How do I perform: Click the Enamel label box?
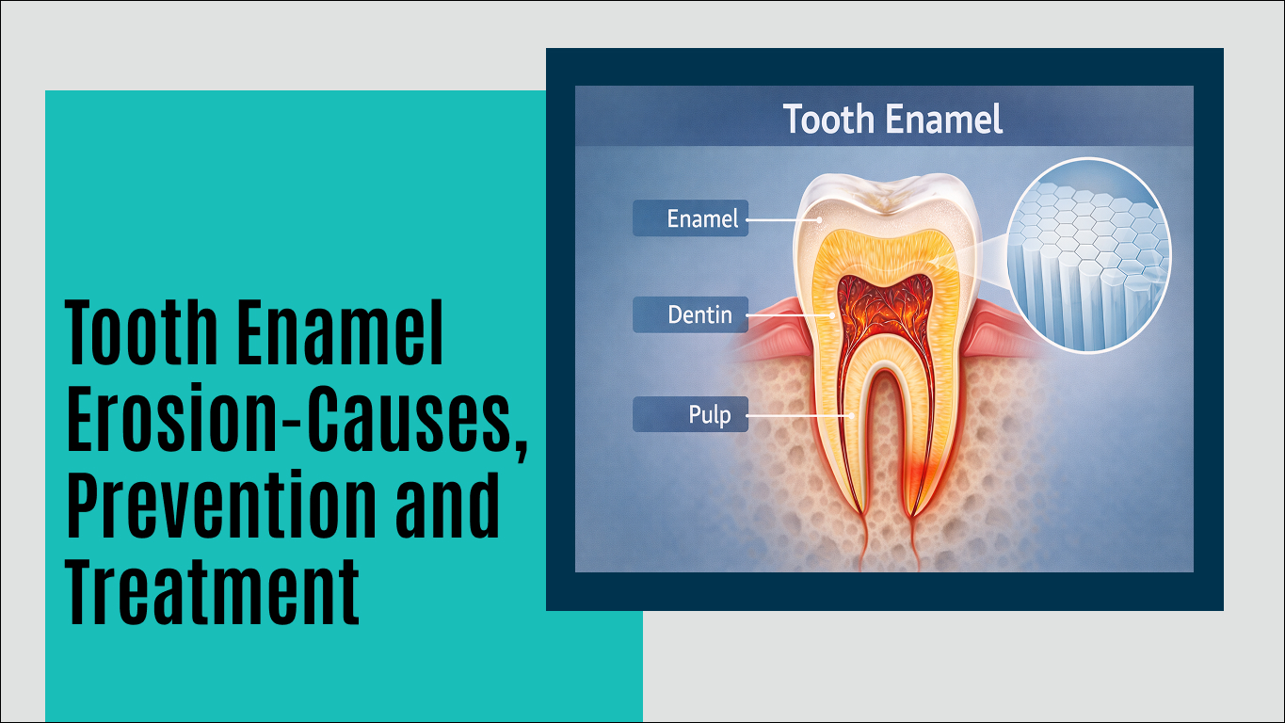coord(690,218)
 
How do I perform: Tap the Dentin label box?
coord(690,314)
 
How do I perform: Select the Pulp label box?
coord(690,414)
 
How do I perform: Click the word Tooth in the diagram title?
coord(825,120)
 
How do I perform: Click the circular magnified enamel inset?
coord(1088,254)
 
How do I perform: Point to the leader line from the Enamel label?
coord(783,220)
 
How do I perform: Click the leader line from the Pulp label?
coord(800,414)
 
